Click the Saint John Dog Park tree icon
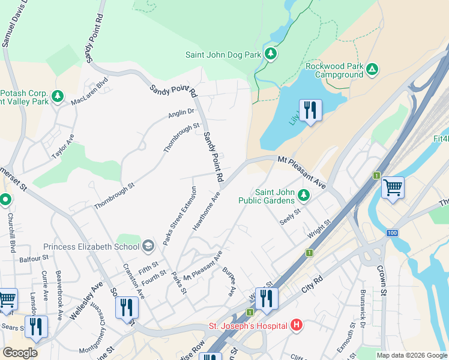(271, 55)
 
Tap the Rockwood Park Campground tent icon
(372, 69)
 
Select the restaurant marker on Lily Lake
(310, 110)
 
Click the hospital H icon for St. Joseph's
(296, 326)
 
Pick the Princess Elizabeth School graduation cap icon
(148, 245)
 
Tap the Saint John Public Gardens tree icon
(304, 194)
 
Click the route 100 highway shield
(392, 232)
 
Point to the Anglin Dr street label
(182, 112)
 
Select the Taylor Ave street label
(63, 146)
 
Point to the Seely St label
(290, 214)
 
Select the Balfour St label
(34, 259)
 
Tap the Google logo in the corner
(20, 352)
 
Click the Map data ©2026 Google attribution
(412, 355)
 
